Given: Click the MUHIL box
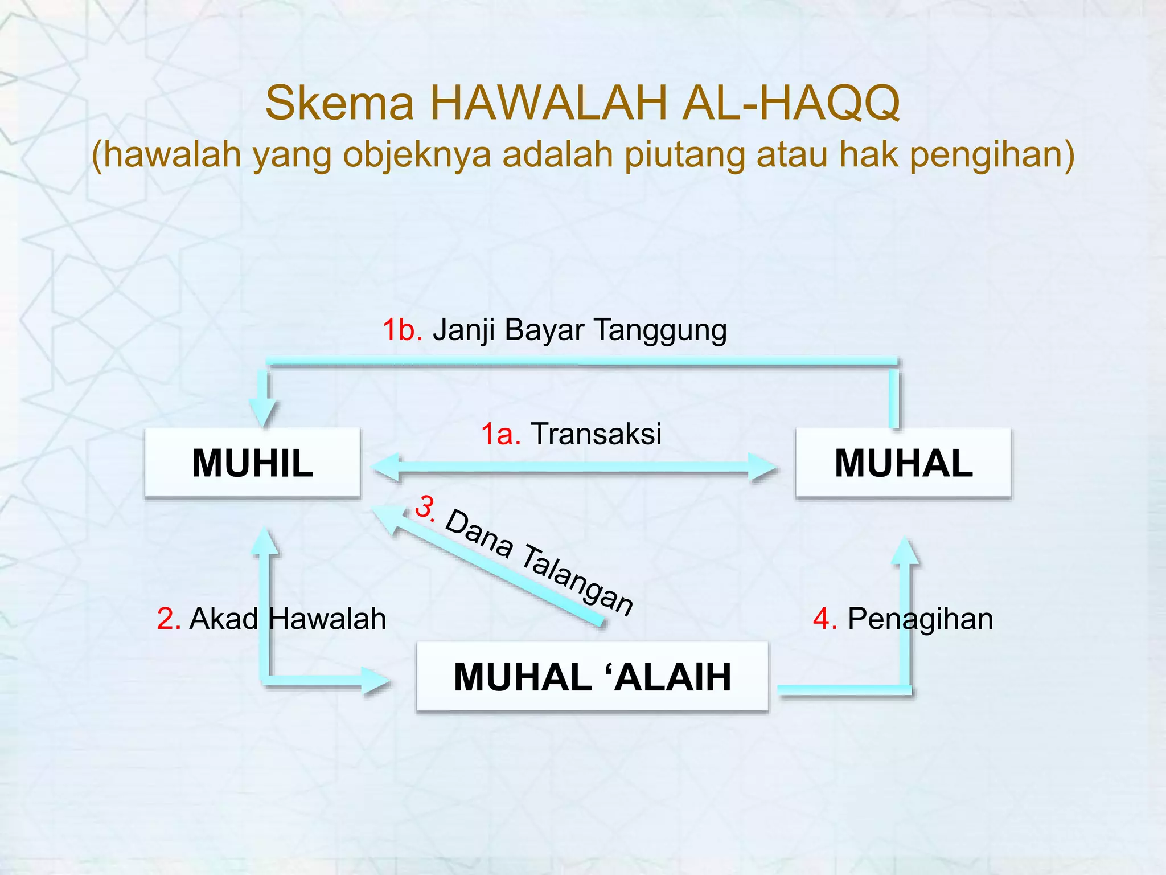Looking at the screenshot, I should pyautogui.click(x=253, y=463).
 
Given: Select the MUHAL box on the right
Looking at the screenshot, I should pyautogui.click(x=903, y=463).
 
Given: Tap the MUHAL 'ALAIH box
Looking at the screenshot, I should pyautogui.click(x=592, y=677).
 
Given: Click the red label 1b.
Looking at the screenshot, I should pyautogui.click(x=402, y=330).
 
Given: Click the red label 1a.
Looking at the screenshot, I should pyautogui.click(x=501, y=434).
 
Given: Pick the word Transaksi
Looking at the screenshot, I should pyautogui.click(x=596, y=434).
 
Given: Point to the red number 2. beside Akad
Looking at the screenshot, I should pyautogui.click(x=169, y=619).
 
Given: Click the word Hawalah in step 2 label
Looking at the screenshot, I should pyautogui.click(x=327, y=619).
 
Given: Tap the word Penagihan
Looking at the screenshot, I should pyautogui.click(x=920, y=619).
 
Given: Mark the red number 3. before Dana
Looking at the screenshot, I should pyautogui.click(x=425, y=507).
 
